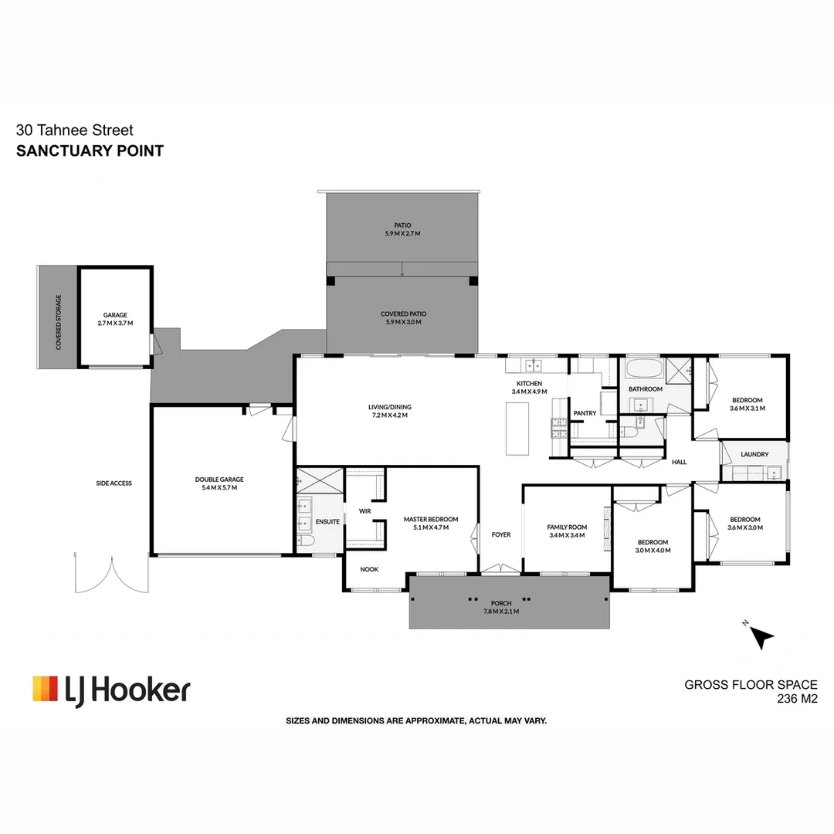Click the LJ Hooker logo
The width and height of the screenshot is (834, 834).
click(x=111, y=689)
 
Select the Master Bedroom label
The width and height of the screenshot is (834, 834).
click(x=431, y=519)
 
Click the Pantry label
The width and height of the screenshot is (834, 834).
click(x=585, y=413)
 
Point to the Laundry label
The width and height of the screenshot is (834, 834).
click(x=754, y=454)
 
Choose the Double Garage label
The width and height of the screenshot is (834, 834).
click(x=219, y=480)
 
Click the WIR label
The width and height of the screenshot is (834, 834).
click(x=365, y=510)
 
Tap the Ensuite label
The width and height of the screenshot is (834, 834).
click(x=327, y=522)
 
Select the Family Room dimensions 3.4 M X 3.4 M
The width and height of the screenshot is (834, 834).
click(x=568, y=535)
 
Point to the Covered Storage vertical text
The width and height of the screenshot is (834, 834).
click(x=58, y=322)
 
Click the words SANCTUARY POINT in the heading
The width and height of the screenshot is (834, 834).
click(x=90, y=151)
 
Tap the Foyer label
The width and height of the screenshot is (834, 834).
click(x=500, y=534)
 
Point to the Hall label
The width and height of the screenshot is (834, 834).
click(x=679, y=462)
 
